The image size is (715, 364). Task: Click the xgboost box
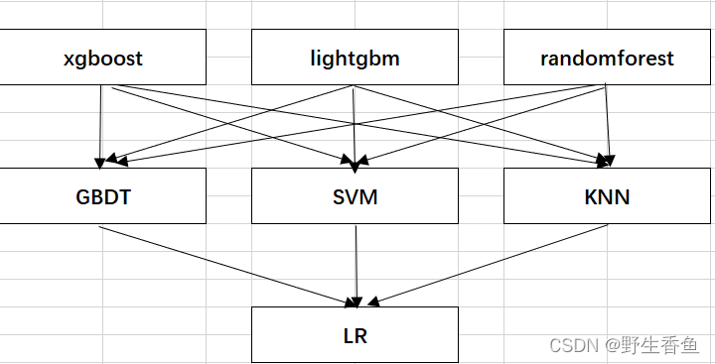pyautogui.click(x=103, y=58)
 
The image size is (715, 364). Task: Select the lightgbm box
pyautogui.click(x=355, y=58)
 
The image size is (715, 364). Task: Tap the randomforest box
pyautogui.click(x=607, y=58)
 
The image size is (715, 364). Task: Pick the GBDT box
pyautogui.click(x=103, y=195)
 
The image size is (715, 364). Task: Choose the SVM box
pyautogui.click(x=355, y=195)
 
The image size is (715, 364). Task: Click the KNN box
pyautogui.click(x=607, y=195)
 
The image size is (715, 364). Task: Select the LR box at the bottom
pyautogui.click(x=355, y=334)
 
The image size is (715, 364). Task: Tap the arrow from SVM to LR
pyautogui.click(x=356, y=263)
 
